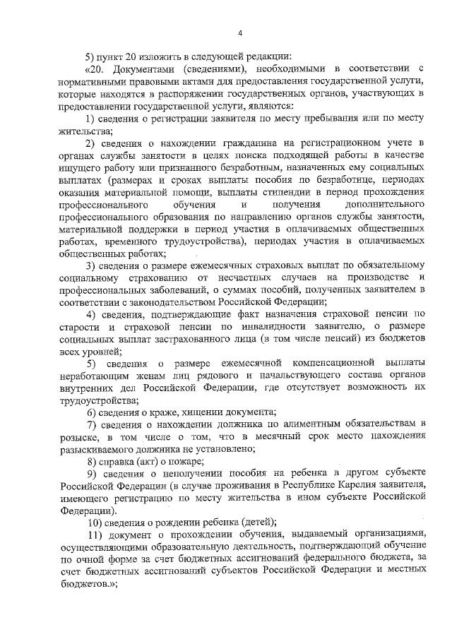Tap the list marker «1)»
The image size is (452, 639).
point(91,118)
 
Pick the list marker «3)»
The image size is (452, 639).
point(91,266)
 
